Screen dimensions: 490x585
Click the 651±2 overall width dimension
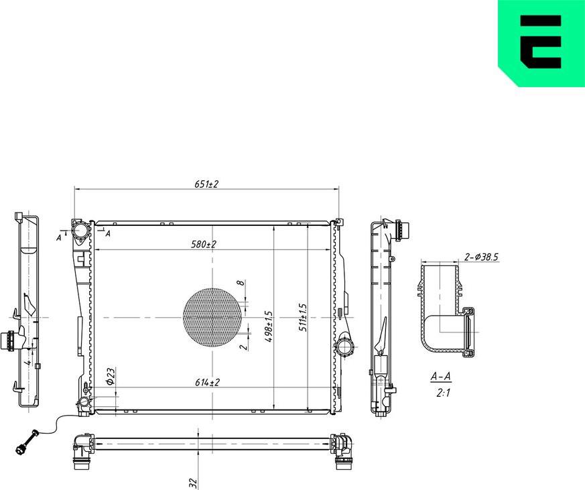pyautogui.click(x=207, y=184)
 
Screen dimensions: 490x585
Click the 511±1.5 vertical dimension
pyautogui.click(x=302, y=318)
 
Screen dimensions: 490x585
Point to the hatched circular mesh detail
pyautogui.click(x=212, y=317)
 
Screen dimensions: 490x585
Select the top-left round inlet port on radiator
pyautogui.click(x=81, y=231)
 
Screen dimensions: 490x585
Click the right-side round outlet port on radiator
pyautogui.click(x=345, y=347)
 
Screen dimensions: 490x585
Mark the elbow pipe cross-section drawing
pyautogui.click(x=446, y=308)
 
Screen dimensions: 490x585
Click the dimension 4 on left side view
pyautogui.click(x=27, y=361)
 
